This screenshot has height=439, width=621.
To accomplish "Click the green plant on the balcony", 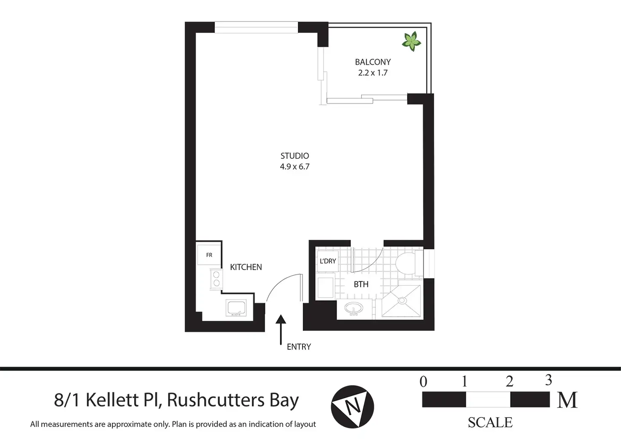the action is pos(412,42).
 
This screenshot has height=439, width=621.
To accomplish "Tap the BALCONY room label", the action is pos(373,62).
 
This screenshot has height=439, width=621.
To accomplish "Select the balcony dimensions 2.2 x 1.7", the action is pos(373,73).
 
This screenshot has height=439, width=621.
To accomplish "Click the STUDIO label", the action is pos(295,156).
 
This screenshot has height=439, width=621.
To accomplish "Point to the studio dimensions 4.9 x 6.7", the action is pos(295,167).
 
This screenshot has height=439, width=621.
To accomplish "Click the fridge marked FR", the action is pos(209,255).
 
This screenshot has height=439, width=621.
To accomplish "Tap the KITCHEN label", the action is pos(246,267).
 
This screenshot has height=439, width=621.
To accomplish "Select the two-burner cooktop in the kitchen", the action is pos(216,279).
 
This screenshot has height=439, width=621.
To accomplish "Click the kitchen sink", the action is pos(236,308).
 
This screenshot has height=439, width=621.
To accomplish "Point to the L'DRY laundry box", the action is pos(328,261).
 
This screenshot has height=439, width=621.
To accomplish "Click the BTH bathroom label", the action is pos(361,284).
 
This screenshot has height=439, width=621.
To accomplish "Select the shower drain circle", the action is pos(402,301).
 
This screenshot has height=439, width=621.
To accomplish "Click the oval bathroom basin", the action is pos(354,308).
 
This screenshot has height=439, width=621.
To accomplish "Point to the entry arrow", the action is pos(281,330).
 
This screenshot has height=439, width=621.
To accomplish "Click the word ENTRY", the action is pos(299,347).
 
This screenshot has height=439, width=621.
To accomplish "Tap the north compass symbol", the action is pos(352,406).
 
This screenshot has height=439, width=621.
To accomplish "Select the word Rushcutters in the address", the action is pos(216,400).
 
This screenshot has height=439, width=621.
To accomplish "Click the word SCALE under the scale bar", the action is pos(490,423).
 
